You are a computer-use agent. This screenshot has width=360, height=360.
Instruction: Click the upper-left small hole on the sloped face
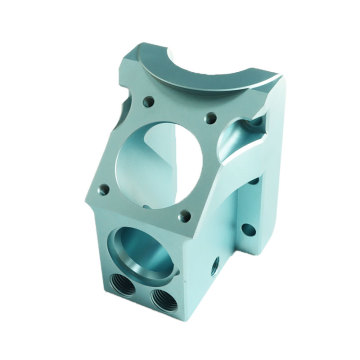147,101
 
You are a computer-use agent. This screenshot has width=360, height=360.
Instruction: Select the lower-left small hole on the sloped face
103,185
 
